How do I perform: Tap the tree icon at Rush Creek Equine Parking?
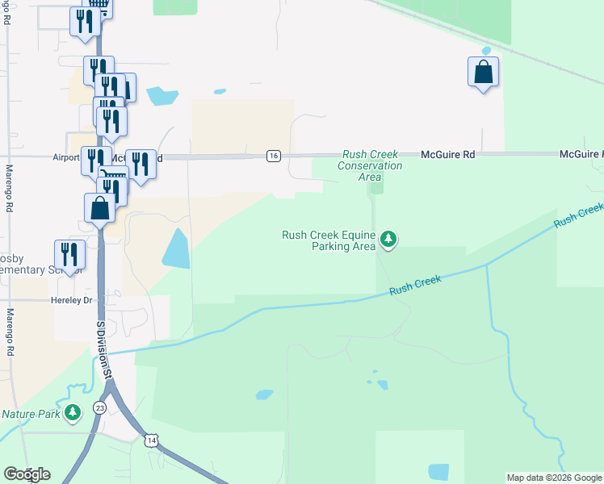pos(388,239)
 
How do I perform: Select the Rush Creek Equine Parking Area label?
pos(328,240)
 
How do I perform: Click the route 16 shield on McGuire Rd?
pos(274,156)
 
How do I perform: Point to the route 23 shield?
pos(99,408)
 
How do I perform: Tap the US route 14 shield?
pos(150,440)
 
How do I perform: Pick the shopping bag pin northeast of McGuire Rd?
pos(483,73)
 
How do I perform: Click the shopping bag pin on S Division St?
pos(99,207)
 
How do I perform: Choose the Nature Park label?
pos(31,414)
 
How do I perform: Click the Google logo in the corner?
pos(27,474)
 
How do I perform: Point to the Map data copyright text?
pos(553,478)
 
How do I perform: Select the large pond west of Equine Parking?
pos(176,248)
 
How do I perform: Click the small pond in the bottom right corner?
pos(438,472)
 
